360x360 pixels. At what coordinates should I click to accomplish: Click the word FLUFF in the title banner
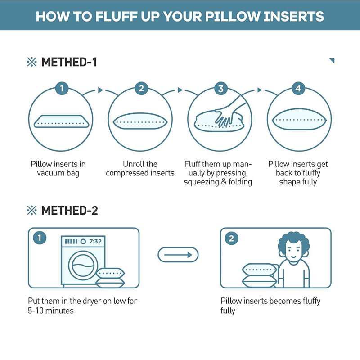click(116, 17)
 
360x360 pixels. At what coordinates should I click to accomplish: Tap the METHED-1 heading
click(69, 62)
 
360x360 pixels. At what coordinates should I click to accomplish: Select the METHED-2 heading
click(70, 210)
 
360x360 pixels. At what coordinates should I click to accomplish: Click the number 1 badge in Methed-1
click(62, 88)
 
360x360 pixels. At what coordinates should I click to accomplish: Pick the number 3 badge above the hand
click(221, 88)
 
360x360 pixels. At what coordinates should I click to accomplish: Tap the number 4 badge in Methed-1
click(298, 88)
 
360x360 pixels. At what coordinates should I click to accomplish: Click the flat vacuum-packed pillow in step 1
click(61, 121)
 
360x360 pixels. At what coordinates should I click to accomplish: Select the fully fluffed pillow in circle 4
click(299, 119)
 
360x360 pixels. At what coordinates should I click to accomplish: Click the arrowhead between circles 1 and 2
click(100, 90)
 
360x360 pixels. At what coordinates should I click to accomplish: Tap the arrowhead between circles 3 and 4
click(260, 90)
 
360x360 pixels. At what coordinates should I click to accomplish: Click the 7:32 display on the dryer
click(95, 241)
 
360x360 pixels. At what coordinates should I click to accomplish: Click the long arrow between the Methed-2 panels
click(178, 255)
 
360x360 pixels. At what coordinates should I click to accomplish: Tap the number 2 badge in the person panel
click(231, 238)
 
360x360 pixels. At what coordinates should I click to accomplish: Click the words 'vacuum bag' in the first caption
click(58, 173)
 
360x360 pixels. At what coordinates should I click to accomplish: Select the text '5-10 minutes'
click(51, 310)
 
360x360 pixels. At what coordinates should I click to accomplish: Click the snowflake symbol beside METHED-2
click(31, 210)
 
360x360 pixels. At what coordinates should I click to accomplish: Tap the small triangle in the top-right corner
click(333, 60)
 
